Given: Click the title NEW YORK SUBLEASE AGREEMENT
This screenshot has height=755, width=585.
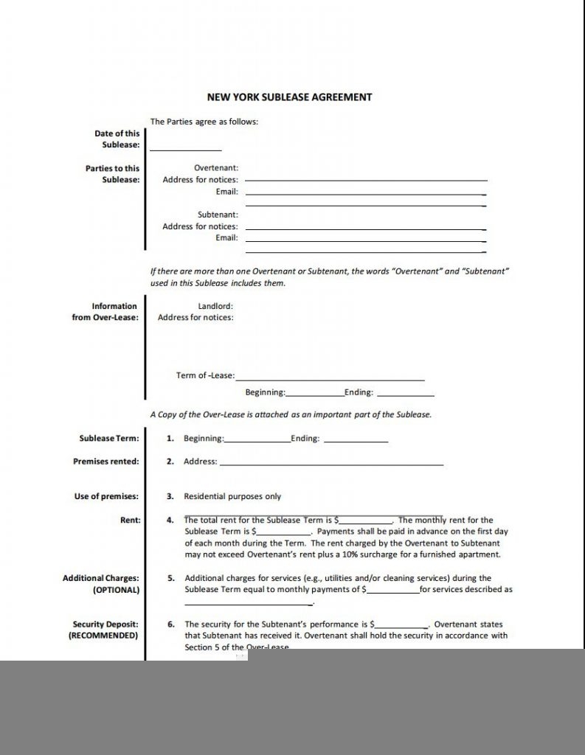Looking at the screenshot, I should click(x=288, y=97).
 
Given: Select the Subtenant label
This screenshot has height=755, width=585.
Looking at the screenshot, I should click(x=217, y=215).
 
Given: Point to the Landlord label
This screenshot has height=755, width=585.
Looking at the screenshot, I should click(x=215, y=306).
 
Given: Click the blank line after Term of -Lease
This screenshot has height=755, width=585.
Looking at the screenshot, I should click(x=330, y=379).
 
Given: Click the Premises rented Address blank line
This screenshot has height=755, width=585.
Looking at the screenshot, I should click(x=331, y=465).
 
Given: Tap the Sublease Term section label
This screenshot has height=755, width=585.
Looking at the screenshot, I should click(x=108, y=439).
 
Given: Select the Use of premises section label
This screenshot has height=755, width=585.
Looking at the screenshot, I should click(x=106, y=496).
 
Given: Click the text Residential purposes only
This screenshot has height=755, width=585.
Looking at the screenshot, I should click(x=232, y=496).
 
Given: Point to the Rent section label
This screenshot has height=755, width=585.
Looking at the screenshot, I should click(x=130, y=520).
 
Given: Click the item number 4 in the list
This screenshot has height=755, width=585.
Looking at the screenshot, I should click(x=170, y=520).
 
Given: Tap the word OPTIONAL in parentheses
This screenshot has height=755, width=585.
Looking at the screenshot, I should click(x=116, y=590).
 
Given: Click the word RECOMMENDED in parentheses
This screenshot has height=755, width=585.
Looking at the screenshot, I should click(x=103, y=635).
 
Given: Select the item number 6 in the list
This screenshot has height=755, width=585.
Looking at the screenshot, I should click(x=170, y=624).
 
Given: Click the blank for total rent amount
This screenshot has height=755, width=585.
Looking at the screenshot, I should click(x=366, y=522).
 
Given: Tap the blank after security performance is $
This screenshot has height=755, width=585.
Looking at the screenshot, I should click(x=401, y=626).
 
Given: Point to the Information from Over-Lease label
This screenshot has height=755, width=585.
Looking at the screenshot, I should click(x=104, y=312).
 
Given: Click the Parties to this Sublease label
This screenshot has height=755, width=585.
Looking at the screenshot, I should click(x=112, y=174).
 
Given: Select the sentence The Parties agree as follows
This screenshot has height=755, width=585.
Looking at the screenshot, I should click(x=204, y=122).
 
